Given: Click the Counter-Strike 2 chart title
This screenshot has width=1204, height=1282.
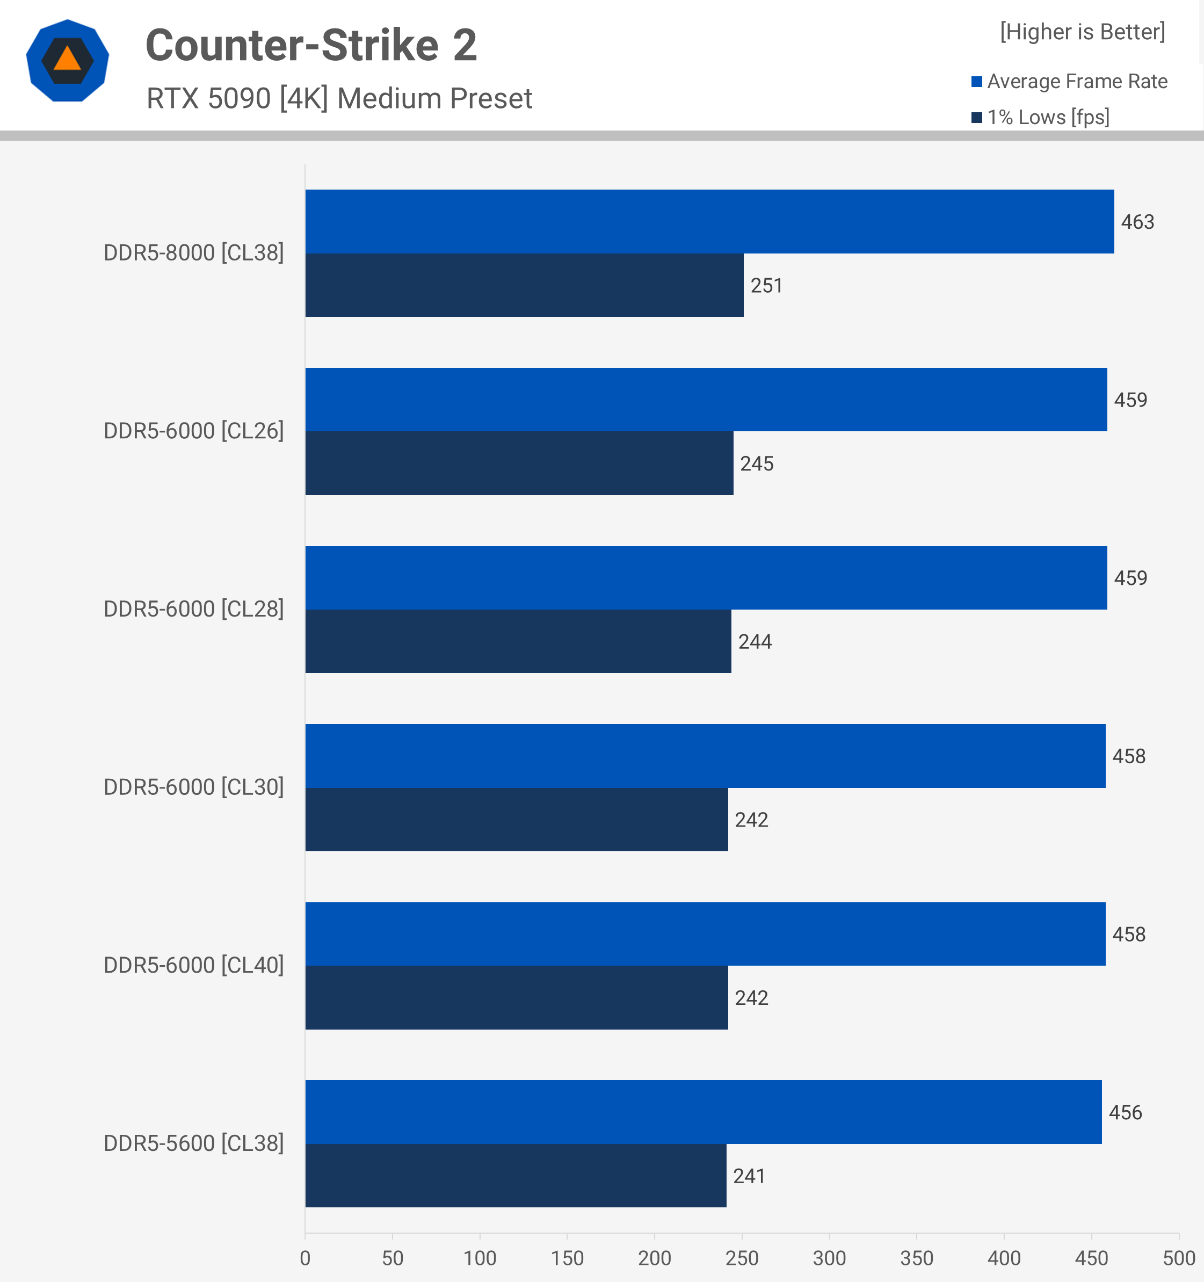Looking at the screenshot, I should click(x=311, y=45).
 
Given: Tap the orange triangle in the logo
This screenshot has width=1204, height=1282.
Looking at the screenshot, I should click(x=67, y=59).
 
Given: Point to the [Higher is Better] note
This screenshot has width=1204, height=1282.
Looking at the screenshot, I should click(x=1082, y=32).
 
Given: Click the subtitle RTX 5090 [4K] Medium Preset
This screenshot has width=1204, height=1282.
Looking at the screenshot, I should click(x=339, y=99).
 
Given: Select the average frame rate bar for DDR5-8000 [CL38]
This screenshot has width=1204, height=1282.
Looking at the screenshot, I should click(x=709, y=221).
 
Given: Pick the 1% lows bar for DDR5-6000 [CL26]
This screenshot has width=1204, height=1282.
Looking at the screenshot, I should click(x=519, y=463).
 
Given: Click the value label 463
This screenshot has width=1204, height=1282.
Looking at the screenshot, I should click(x=1137, y=222).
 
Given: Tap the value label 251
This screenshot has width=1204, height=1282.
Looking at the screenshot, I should click(x=766, y=286).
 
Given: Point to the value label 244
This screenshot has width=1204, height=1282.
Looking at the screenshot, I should click(x=755, y=642).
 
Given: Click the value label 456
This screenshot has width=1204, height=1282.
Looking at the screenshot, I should click(x=1125, y=1112).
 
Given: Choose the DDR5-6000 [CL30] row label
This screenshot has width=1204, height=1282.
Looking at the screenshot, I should click(x=193, y=787).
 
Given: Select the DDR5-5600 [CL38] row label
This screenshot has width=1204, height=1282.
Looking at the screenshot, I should click(x=193, y=1143).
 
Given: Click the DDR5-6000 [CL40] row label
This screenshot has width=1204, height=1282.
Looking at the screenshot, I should click(x=193, y=965).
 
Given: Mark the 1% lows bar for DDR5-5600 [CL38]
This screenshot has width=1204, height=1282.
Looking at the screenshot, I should click(x=516, y=1176).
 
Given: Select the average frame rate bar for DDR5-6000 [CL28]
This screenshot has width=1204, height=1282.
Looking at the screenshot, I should click(x=706, y=578).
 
